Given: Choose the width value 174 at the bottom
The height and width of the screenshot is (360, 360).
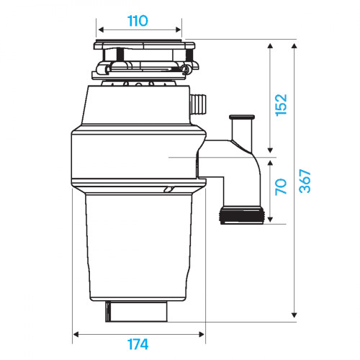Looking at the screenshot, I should (x=139, y=344).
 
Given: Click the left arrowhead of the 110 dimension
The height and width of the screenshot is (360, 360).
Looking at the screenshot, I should (x=100, y=30).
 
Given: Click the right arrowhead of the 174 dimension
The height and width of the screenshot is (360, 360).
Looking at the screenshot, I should (x=204, y=333).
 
